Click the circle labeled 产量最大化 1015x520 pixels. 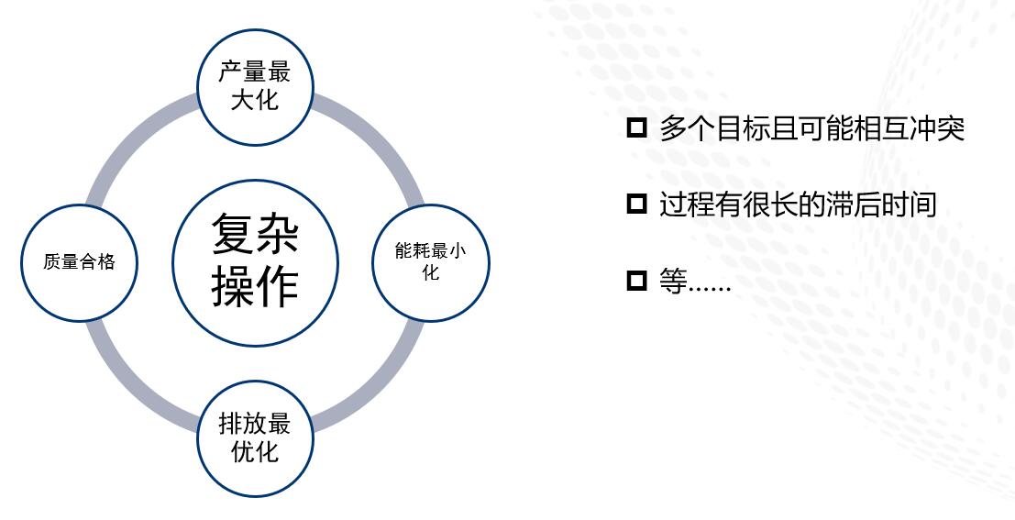coord(255,87)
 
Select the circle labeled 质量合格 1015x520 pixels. coord(80,262)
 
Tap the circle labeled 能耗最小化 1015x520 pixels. coord(430,262)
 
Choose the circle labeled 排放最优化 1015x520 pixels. coord(255,438)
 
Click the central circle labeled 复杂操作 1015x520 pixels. coord(255,263)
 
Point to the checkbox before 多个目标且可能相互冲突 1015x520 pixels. coord(637,127)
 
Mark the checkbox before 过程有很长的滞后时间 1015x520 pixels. coord(637,204)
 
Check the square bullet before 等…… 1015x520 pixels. coord(637,281)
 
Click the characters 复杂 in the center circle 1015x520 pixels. coord(255,234)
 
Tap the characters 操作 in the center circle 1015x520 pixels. coord(255,287)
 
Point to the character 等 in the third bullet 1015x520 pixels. coord(673,281)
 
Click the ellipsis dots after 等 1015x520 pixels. coord(710,290)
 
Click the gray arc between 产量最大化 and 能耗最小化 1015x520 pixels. coord(381,138)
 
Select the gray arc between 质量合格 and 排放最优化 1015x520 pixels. coord(130,387)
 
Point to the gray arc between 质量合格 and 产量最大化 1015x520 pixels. coord(130,138)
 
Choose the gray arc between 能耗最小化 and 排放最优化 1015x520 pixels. coord(381,387)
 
